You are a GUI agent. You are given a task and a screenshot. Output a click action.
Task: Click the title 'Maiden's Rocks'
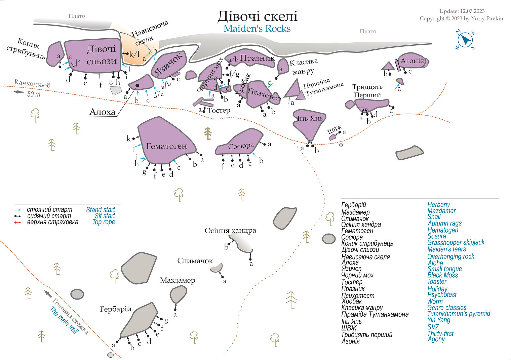tap(257, 29)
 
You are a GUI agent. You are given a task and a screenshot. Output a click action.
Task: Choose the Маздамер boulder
tap(178, 294)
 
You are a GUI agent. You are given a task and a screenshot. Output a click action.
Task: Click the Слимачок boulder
tap(216, 268)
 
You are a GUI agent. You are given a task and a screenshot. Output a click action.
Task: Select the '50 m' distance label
tap(34, 94)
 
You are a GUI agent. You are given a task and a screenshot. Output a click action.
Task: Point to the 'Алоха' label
tap(102, 112)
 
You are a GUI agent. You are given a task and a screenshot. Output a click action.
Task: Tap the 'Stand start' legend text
tap(101, 210)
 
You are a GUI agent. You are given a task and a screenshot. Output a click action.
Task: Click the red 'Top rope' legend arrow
tap(18, 222)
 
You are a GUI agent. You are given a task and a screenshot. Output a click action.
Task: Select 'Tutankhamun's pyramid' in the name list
tap(459, 314)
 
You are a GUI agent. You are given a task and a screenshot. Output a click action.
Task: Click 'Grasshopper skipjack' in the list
tap(456, 242)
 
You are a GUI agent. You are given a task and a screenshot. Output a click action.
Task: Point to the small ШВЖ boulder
tap(332, 137)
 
